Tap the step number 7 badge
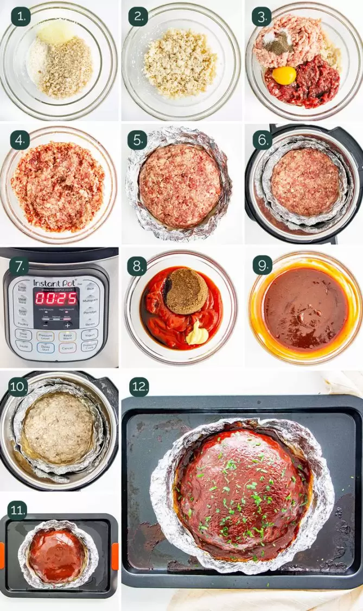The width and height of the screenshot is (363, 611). click(20, 266)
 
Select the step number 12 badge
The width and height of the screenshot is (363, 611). click(139, 387)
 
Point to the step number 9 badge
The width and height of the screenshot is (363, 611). click(262, 266)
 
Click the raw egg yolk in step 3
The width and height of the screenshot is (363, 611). click(284, 75)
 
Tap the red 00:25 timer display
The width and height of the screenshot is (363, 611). click(56, 299)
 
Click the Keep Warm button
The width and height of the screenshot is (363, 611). click(67, 336)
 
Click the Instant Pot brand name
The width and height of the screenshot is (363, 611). click(55, 282)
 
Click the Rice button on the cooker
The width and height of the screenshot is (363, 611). click(90, 288)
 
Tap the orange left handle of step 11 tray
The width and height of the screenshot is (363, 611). click(2, 555)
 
